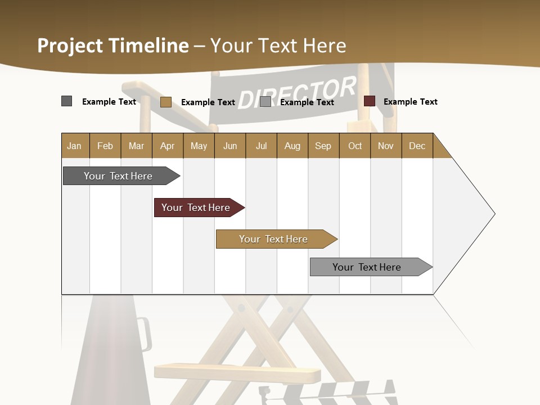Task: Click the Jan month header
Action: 75,146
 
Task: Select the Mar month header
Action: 136,146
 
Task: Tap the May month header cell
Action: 199,146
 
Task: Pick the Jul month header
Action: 261,146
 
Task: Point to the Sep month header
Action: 323,146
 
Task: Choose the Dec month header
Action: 417,146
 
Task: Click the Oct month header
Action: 355,146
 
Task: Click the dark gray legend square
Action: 67,101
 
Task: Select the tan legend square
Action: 166,102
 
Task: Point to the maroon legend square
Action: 370,101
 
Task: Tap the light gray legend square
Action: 265,102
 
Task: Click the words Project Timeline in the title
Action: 113,46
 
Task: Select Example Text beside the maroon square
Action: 410,102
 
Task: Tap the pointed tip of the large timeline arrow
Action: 493,214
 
